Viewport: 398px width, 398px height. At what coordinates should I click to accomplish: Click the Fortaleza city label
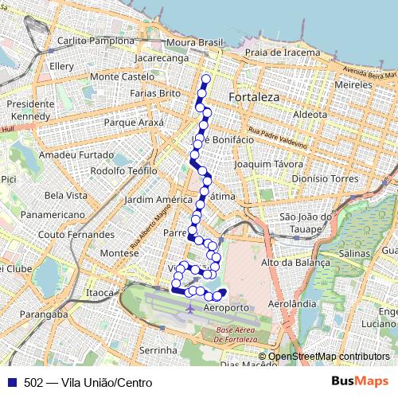pos(254,97)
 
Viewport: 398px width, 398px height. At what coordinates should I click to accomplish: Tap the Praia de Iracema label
pos(283,53)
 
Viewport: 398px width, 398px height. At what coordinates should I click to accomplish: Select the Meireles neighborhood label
pos(354,84)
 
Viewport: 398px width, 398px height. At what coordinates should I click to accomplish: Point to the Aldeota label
pos(310,115)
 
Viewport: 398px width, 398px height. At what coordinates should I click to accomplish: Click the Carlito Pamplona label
pos(96,41)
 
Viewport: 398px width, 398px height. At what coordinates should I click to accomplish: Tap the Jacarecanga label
pos(162,59)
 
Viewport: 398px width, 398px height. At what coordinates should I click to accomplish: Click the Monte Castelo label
pos(122,76)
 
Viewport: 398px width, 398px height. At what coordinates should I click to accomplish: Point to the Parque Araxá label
pos(134,123)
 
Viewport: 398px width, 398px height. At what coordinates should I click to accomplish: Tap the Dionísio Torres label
pos(326,179)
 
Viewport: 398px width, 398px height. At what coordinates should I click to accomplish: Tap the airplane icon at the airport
pos(189,306)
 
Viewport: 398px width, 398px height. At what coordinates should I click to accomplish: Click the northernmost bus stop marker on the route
pos(206,78)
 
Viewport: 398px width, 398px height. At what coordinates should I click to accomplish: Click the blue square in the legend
pos(12,382)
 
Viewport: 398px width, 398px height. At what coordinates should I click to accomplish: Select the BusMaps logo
pos(359,382)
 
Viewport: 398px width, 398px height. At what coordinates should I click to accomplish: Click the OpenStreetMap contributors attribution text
pos(329,357)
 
